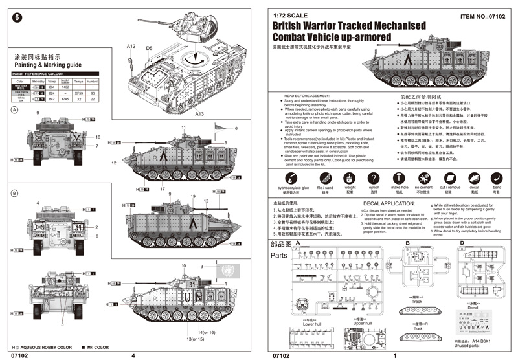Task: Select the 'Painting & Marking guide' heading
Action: click(47, 65)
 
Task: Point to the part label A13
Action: click(199, 113)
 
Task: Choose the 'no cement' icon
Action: click(423, 177)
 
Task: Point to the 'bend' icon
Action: click(496, 177)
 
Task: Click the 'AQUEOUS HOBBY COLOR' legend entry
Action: click(42, 348)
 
